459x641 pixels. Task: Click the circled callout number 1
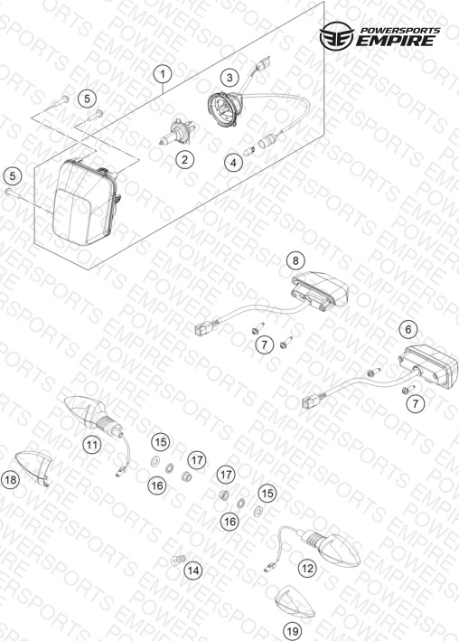pyautogui.click(x=163, y=74)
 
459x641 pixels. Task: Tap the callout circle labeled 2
pyautogui.click(x=184, y=159)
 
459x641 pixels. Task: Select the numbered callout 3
pyautogui.click(x=229, y=77)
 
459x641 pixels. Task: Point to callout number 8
pyautogui.click(x=295, y=260)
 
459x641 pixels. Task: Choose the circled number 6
pyautogui.click(x=407, y=329)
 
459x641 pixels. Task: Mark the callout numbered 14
pyautogui.click(x=193, y=570)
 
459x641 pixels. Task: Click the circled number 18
pyautogui.click(x=11, y=479)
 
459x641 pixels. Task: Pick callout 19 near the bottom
pyautogui.click(x=293, y=631)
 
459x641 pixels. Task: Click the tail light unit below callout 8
pyautogui.click(x=321, y=290)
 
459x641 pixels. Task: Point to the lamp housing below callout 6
pyautogui.click(x=428, y=366)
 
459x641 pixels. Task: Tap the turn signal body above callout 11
pyautogui.click(x=94, y=414)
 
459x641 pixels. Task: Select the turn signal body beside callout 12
pyautogui.click(x=331, y=548)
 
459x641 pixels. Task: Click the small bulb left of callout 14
pyautogui.click(x=177, y=560)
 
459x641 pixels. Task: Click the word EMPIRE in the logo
pyautogui.click(x=395, y=41)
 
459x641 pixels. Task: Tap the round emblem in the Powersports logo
pyautogui.click(x=337, y=36)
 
